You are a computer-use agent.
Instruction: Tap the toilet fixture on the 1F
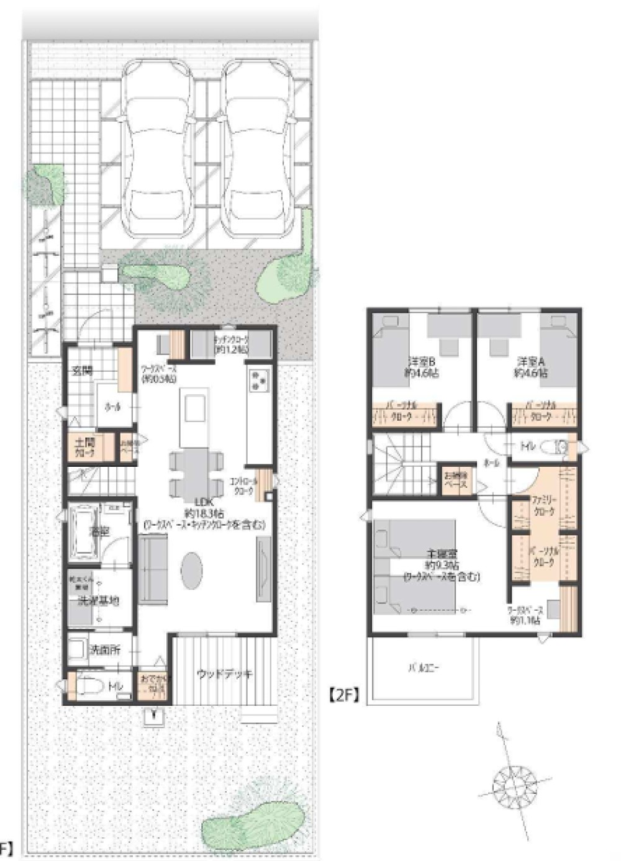[86, 687]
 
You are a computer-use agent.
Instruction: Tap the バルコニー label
[424, 669]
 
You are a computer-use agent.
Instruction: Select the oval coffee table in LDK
[192, 570]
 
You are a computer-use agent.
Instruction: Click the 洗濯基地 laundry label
[98, 601]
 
